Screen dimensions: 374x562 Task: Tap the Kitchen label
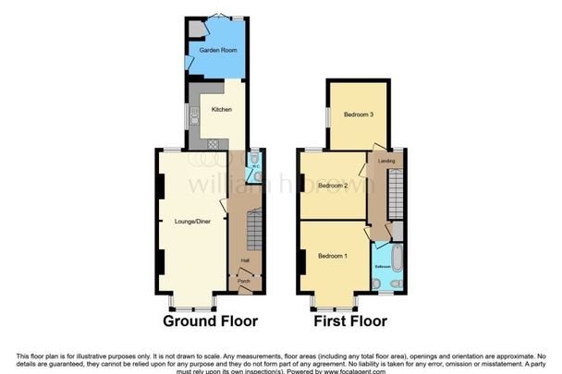[x=222, y=110]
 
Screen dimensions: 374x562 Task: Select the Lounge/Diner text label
[x=191, y=222]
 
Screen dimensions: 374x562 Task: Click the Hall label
[x=245, y=261]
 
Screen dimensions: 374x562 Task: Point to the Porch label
[x=244, y=282]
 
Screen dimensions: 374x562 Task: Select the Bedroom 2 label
[x=332, y=186]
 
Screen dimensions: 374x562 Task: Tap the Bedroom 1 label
[x=332, y=256]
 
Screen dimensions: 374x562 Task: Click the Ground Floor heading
[x=210, y=321]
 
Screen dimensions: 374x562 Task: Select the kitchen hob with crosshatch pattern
[x=214, y=143]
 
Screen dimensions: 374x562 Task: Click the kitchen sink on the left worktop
[x=194, y=118]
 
